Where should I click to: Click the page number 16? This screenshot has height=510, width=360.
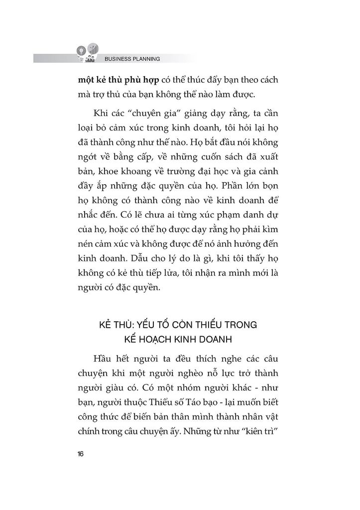[80, 454]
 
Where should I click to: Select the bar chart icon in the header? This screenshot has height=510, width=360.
[93, 48]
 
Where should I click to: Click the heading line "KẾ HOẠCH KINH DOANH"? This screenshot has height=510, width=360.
[180, 340]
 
